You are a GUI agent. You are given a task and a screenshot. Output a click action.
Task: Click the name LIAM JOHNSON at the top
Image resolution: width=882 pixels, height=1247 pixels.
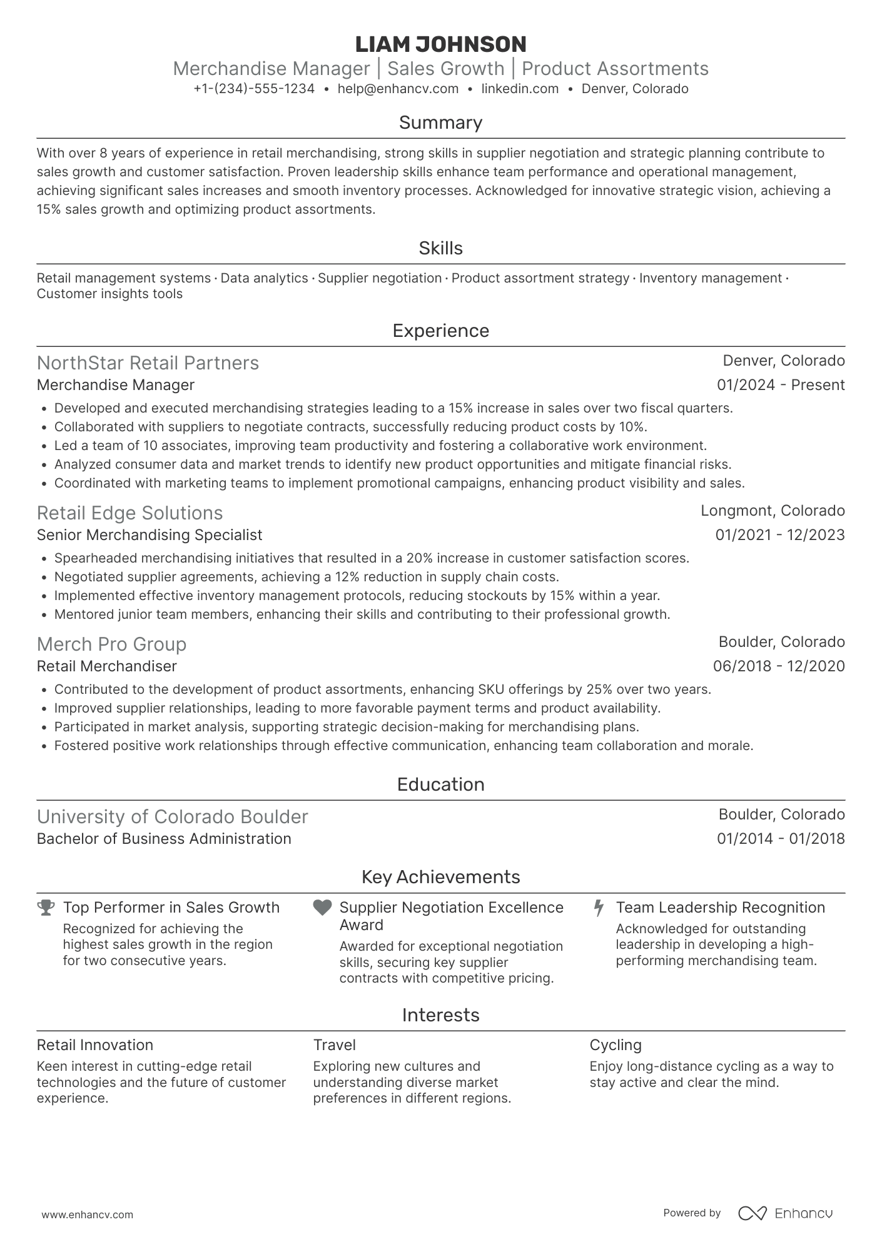tap(440, 44)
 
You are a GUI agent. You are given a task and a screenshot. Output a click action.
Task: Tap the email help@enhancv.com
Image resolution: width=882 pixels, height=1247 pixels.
tap(398, 89)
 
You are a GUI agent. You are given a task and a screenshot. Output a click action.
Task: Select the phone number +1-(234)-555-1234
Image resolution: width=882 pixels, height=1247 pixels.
tap(254, 89)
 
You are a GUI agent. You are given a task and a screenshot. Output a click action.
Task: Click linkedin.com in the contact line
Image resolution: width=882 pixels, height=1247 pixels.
tap(520, 89)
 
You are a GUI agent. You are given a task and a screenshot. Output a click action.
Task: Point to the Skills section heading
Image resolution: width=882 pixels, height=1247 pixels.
tap(440, 248)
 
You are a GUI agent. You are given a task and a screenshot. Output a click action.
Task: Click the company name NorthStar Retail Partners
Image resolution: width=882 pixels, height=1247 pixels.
tap(148, 363)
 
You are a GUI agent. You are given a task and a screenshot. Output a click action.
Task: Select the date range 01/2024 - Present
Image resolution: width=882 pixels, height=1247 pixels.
tap(780, 385)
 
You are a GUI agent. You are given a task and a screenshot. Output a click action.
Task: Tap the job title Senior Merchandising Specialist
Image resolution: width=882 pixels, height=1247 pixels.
tap(150, 535)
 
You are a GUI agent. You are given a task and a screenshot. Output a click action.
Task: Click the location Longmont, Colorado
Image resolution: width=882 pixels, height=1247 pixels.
tap(772, 511)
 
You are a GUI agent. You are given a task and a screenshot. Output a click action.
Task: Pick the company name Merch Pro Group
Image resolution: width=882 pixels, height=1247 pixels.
tap(111, 644)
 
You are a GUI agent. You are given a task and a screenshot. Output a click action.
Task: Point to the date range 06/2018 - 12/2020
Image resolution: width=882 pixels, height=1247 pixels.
tap(778, 666)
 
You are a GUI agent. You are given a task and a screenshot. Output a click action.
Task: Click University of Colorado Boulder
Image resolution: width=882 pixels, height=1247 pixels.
tap(172, 817)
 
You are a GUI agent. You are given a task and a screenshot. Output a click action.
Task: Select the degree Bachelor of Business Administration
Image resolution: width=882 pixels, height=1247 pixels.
tap(164, 839)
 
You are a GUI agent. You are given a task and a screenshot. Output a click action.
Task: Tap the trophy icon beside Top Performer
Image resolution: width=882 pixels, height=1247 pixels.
tap(46, 908)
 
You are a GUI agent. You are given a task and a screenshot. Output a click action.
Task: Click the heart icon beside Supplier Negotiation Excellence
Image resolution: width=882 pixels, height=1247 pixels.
tap(322, 908)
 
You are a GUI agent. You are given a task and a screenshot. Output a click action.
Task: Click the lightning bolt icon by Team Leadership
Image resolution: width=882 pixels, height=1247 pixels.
tap(599, 908)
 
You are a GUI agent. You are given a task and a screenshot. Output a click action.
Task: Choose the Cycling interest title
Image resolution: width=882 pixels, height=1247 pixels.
tap(615, 1045)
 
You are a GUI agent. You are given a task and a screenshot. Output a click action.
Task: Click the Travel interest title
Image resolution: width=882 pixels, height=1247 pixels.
tap(334, 1045)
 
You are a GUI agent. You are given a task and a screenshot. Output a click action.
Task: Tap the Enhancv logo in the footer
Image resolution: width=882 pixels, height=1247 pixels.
tap(785, 1213)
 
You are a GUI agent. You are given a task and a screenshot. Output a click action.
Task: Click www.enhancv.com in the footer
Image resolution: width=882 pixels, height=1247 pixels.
tap(87, 1215)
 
